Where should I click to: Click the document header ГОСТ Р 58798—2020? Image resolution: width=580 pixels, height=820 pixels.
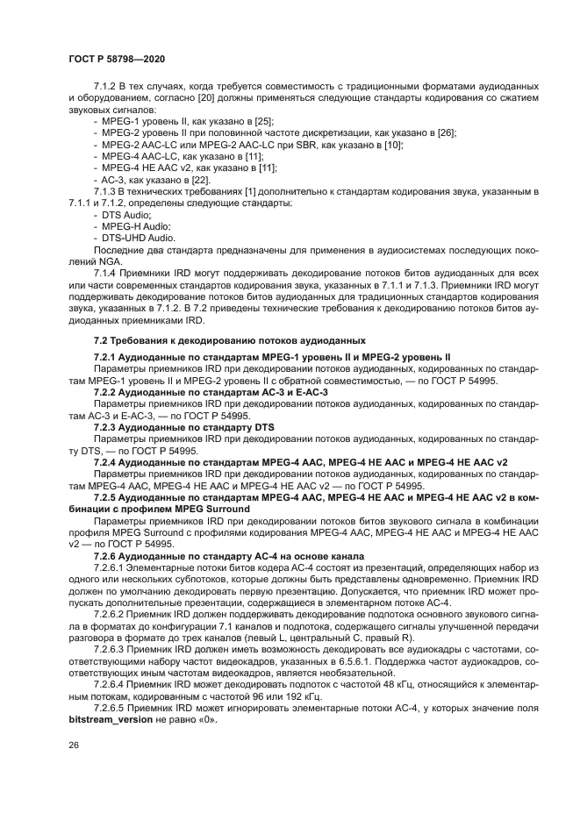tap(117, 58)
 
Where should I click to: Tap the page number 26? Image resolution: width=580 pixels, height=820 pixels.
tap(74, 745)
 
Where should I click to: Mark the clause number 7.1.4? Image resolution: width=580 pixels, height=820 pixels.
tap(107, 274)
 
